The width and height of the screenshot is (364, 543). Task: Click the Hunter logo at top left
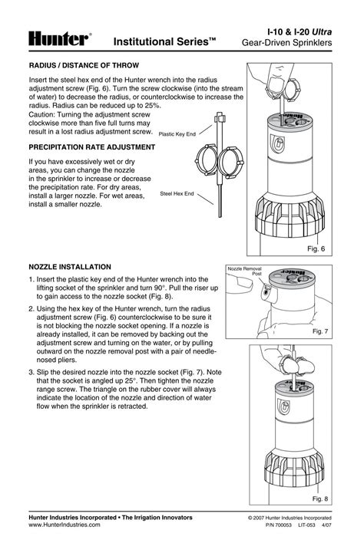pyautogui.click(x=60, y=39)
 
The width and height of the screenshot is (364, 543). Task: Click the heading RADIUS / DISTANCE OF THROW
pyautogui.click(x=84, y=65)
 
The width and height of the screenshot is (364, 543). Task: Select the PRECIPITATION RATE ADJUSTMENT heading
pyautogui.click(x=92, y=147)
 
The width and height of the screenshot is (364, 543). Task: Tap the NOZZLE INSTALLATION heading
pyautogui.click(x=70, y=267)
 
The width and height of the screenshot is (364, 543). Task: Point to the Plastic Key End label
pyautogui.click(x=177, y=134)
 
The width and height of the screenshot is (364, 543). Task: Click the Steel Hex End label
pyautogui.click(x=177, y=194)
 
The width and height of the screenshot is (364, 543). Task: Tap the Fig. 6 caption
pyautogui.click(x=316, y=248)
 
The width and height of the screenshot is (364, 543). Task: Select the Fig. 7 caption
pyautogui.click(x=320, y=331)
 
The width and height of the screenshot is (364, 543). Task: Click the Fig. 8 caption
pyautogui.click(x=320, y=499)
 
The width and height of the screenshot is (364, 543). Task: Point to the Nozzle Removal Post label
pyautogui.click(x=245, y=271)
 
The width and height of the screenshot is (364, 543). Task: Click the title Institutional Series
pyautogui.click(x=164, y=42)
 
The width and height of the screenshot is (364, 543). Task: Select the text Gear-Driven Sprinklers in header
pyautogui.click(x=286, y=43)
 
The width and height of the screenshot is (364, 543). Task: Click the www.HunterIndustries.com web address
pyautogui.click(x=65, y=525)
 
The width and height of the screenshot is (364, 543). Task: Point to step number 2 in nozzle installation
pyautogui.click(x=31, y=309)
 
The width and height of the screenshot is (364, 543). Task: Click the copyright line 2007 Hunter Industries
pyautogui.click(x=290, y=518)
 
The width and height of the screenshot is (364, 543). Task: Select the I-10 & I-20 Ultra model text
pyautogui.click(x=299, y=32)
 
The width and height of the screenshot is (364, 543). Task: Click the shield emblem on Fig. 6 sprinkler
pyautogui.click(x=277, y=143)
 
